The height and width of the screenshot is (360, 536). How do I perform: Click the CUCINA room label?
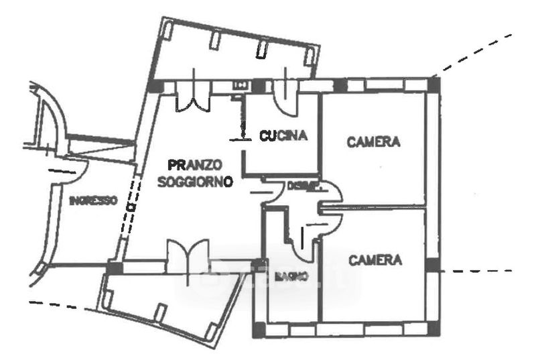283,135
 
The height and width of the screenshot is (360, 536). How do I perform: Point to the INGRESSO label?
93,200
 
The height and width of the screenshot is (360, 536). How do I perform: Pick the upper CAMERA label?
373,141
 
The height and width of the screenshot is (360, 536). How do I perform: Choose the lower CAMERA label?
375,259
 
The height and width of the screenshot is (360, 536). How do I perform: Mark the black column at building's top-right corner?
433,84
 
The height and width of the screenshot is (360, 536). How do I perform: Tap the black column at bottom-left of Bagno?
258,331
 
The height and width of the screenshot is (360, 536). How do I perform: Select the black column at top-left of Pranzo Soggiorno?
155,86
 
